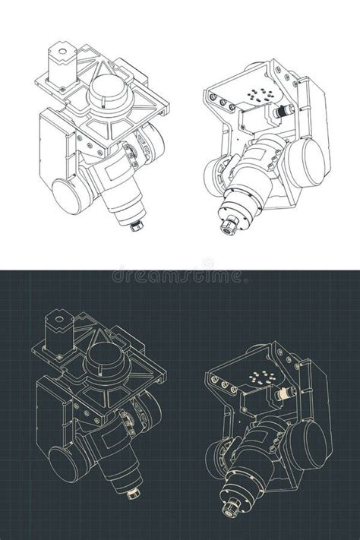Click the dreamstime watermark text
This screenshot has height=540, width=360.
180,275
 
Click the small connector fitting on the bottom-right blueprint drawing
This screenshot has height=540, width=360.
283,393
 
